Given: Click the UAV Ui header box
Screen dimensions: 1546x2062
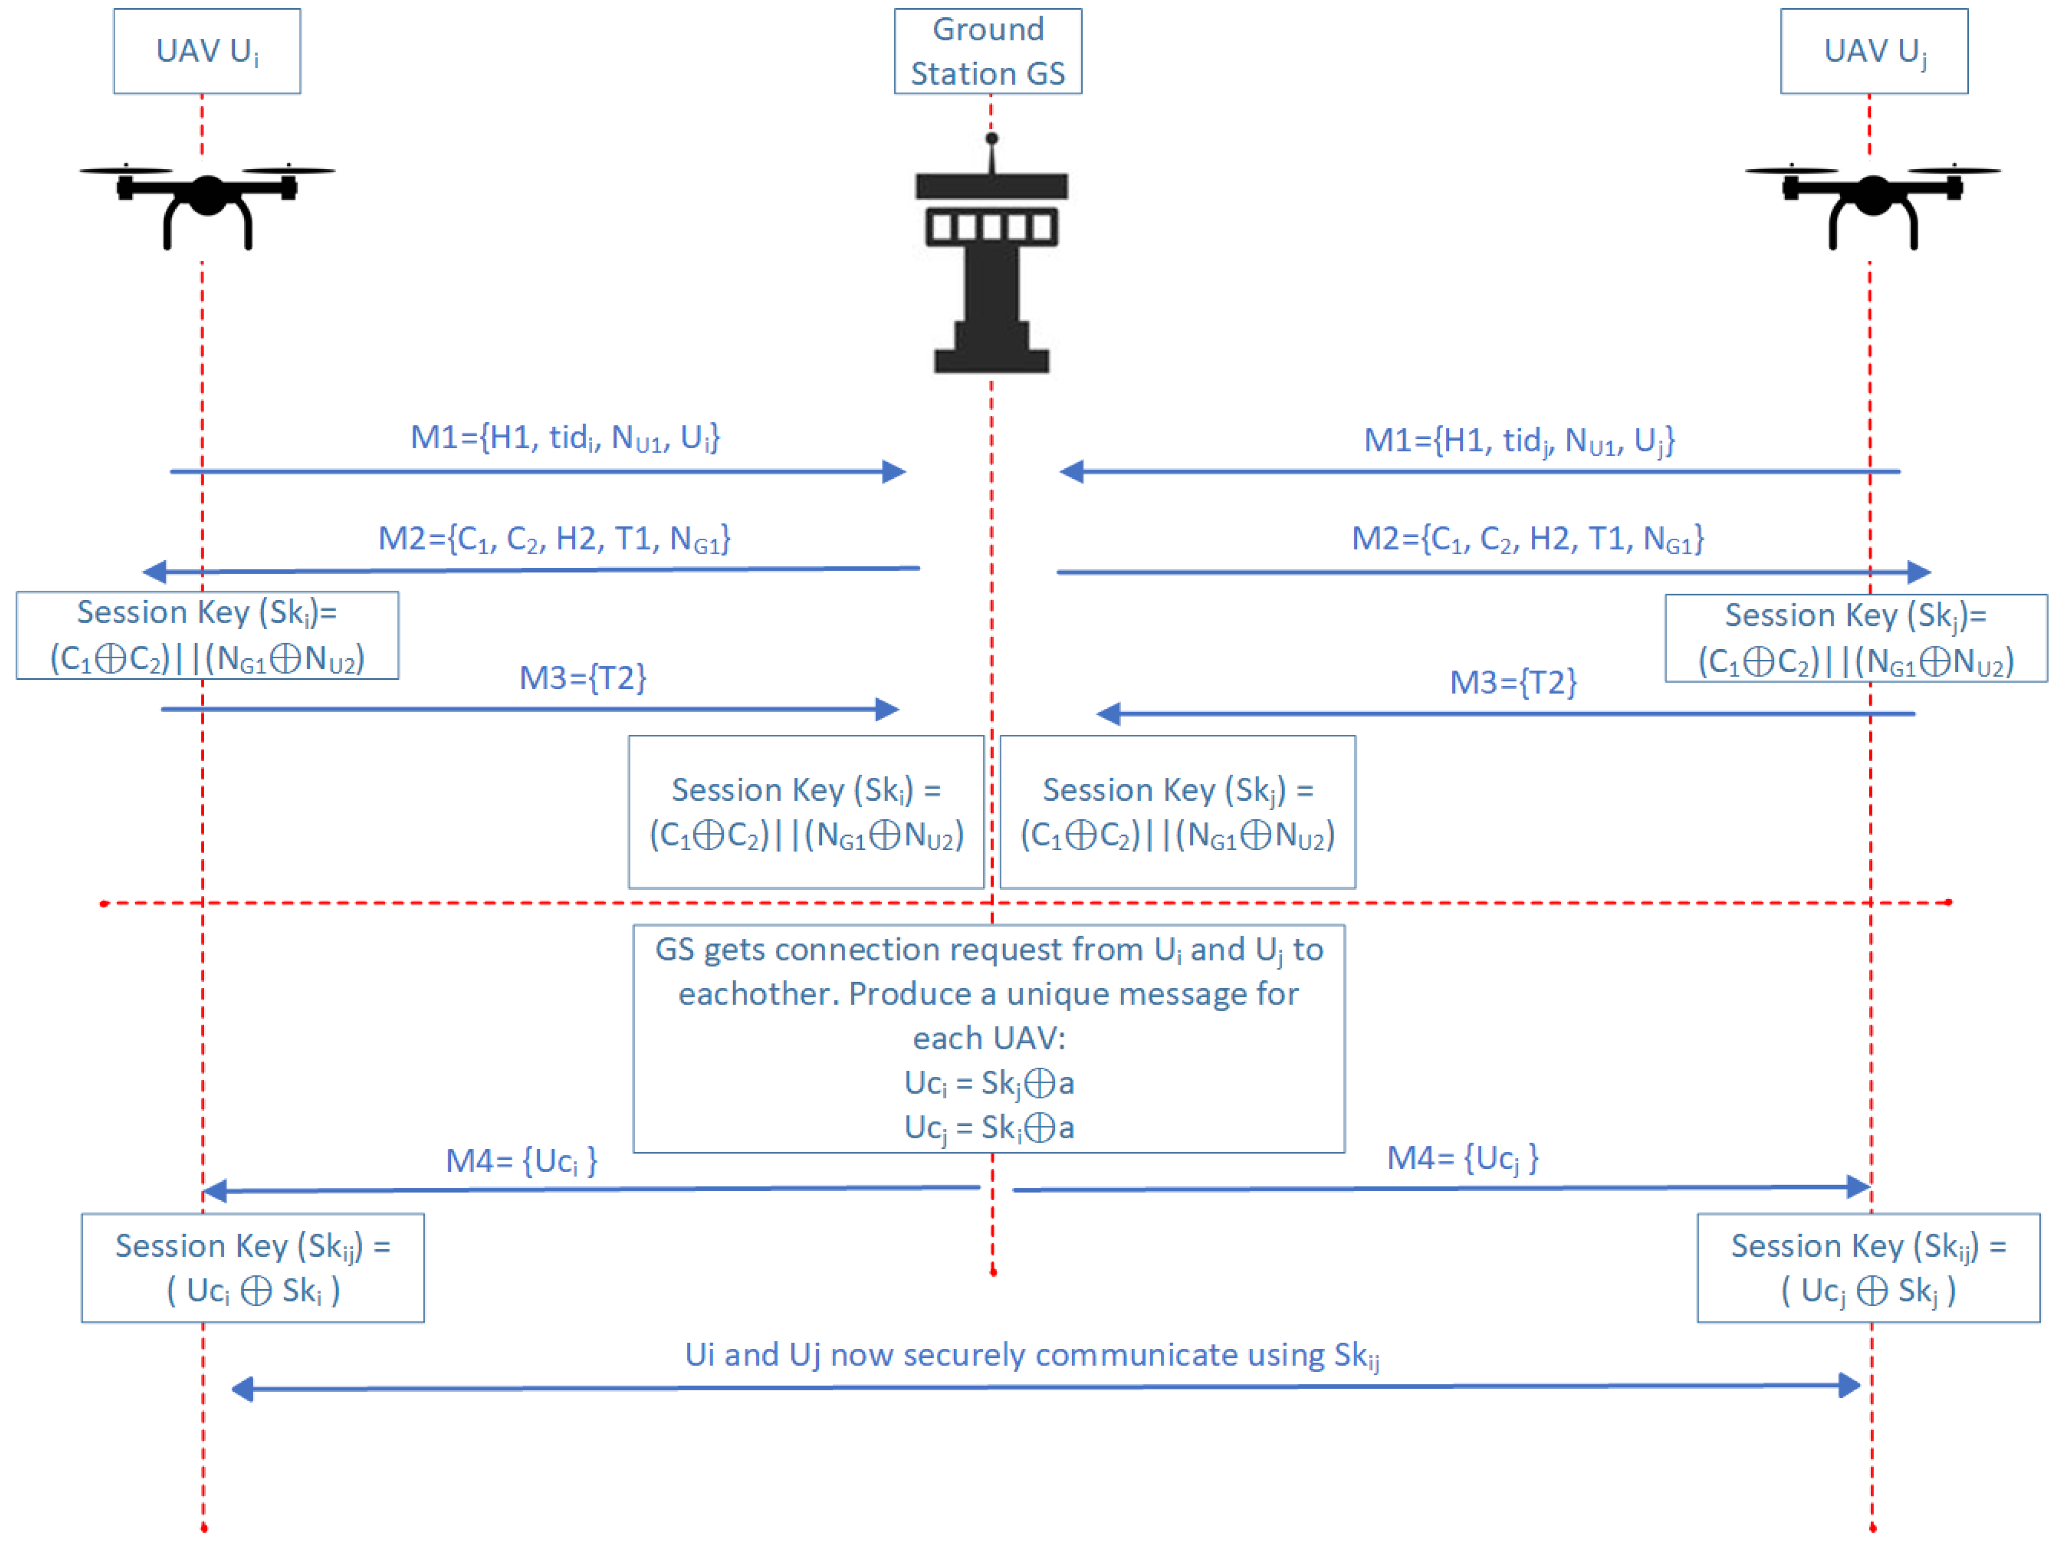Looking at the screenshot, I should pos(207,51).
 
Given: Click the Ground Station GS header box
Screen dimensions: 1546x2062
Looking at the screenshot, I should pos(987,51).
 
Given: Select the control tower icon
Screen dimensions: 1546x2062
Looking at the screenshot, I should pos(991,270).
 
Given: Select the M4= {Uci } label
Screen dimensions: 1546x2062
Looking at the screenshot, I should pos(521,1161).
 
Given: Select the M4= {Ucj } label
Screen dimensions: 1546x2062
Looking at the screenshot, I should pos(1462,1158).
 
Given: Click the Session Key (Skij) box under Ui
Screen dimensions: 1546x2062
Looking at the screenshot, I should pos(253,1267).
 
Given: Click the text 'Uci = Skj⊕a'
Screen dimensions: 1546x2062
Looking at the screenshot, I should pos(989,1083).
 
